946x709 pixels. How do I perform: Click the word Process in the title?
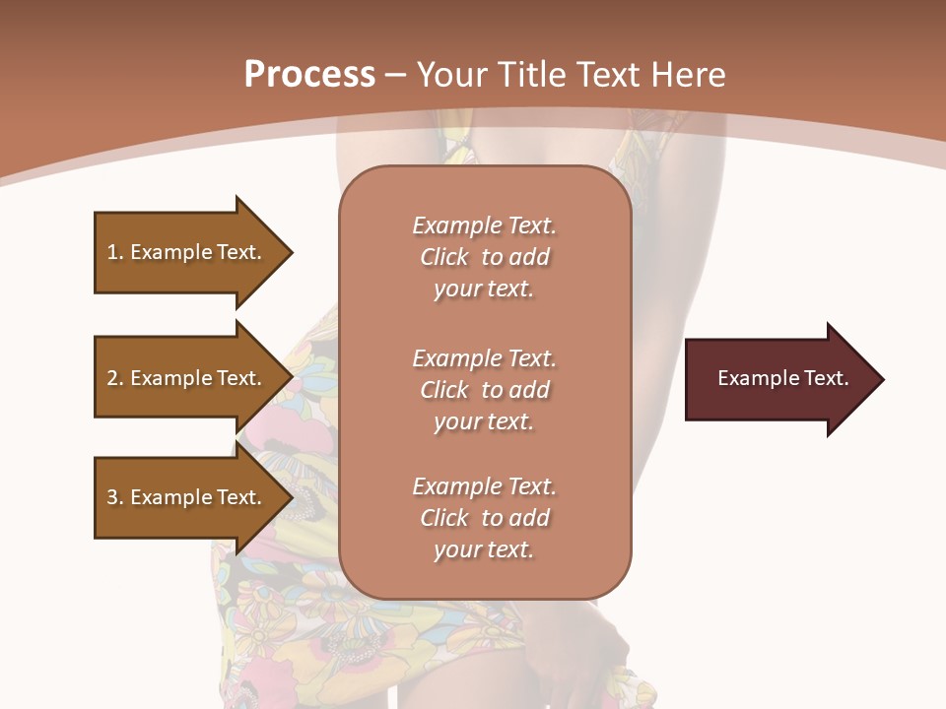(x=309, y=75)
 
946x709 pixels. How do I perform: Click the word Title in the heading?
(x=533, y=75)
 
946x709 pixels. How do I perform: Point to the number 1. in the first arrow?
(x=115, y=252)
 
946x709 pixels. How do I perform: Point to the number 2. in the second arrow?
(x=115, y=378)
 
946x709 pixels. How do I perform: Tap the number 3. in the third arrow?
(x=115, y=497)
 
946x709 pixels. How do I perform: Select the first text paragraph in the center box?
(x=484, y=257)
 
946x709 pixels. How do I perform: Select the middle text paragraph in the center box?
(x=484, y=390)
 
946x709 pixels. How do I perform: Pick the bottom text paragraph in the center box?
(x=484, y=518)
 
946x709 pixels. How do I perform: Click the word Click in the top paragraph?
(x=444, y=257)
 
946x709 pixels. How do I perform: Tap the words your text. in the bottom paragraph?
(x=484, y=549)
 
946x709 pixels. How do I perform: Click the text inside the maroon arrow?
(x=782, y=378)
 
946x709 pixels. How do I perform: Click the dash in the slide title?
(x=395, y=76)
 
